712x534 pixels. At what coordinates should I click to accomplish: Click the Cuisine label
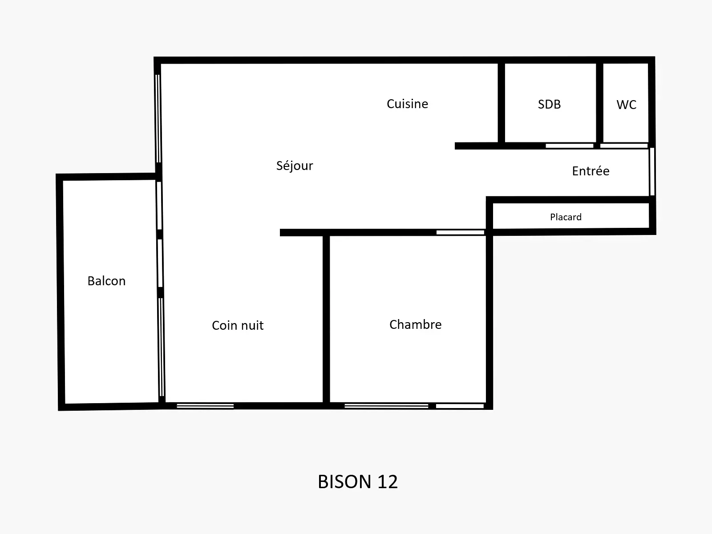click(x=408, y=104)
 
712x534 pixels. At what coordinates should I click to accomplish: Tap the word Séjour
click(x=295, y=166)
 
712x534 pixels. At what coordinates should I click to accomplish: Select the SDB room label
click(x=549, y=105)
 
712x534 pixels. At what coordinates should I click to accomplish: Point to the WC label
click(x=627, y=105)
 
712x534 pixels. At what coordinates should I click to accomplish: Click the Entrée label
click(x=591, y=171)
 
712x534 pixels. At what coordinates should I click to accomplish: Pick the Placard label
click(x=566, y=217)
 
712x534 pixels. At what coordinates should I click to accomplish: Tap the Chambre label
click(x=415, y=324)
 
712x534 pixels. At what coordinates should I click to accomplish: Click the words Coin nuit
click(x=238, y=325)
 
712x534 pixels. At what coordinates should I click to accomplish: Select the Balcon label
click(x=106, y=281)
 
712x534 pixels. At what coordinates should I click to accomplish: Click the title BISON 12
click(x=357, y=482)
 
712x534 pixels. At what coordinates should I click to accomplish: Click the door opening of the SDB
click(x=569, y=146)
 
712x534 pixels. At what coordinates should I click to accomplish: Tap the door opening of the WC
click(x=624, y=146)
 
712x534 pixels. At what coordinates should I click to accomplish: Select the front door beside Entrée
click(x=652, y=171)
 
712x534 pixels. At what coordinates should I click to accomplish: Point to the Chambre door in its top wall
click(x=460, y=232)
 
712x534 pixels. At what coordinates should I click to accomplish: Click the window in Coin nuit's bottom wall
click(x=205, y=406)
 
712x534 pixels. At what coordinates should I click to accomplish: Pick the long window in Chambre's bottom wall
click(x=386, y=406)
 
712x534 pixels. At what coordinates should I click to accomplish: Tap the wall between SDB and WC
click(x=599, y=103)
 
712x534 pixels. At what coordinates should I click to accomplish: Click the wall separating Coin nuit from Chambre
click(x=326, y=319)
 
